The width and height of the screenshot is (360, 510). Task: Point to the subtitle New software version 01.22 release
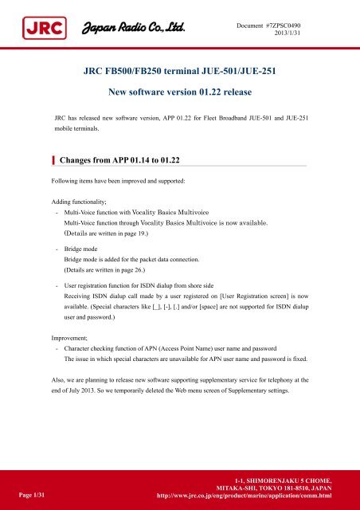(179, 93)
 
